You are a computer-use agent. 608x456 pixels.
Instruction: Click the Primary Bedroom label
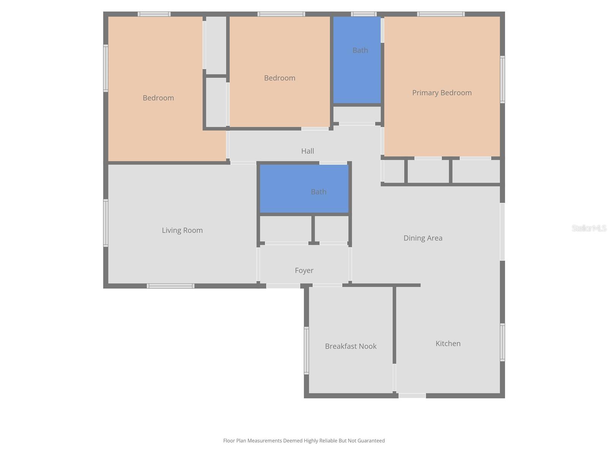tap(442, 93)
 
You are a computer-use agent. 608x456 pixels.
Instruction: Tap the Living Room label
tap(182, 230)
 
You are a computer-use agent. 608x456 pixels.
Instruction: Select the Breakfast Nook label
tap(350, 346)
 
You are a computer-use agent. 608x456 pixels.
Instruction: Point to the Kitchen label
tap(448, 344)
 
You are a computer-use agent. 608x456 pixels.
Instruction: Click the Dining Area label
tap(423, 238)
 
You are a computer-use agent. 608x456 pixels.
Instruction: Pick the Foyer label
tap(304, 271)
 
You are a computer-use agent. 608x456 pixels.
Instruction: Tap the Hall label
tap(307, 151)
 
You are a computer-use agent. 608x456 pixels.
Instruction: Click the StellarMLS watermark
tap(589, 228)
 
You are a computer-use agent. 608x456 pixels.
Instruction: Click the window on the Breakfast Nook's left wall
tap(306, 350)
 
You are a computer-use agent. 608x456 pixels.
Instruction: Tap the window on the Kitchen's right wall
tap(502, 342)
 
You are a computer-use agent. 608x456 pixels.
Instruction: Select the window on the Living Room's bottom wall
tap(171, 286)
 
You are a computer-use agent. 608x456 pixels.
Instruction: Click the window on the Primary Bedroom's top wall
tap(441, 14)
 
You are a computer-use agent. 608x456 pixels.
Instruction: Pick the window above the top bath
tap(364, 14)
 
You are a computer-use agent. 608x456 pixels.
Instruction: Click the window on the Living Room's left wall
tap(106, 223)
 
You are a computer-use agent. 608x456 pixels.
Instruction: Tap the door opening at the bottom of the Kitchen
tap(412, 396)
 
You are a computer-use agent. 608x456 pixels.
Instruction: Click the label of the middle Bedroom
tap(279, 78)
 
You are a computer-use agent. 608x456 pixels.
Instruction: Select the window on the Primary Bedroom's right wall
tap(502, 79)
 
